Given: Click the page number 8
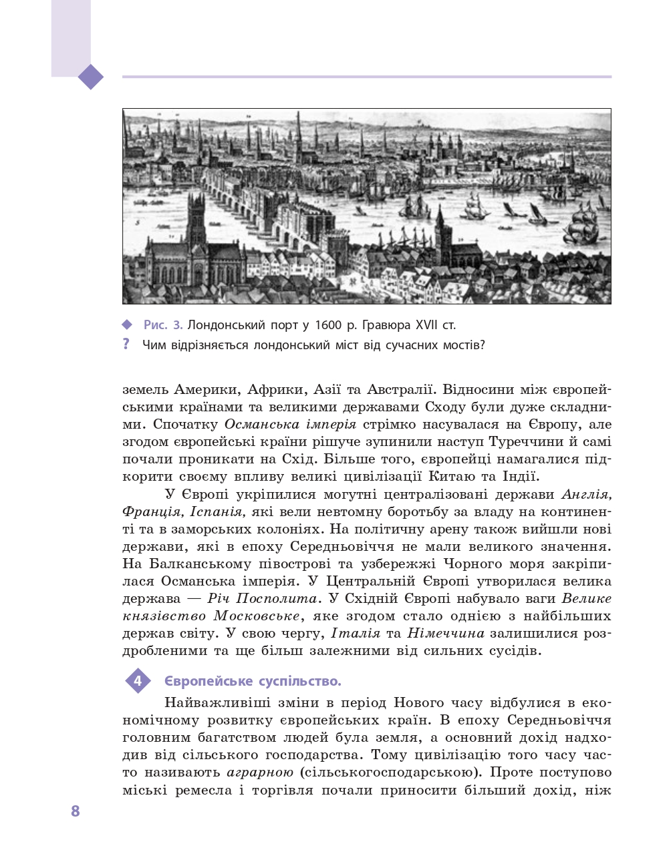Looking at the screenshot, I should (76, 811).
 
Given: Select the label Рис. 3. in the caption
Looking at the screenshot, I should (163, 325).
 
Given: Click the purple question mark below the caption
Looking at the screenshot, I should (126, 345).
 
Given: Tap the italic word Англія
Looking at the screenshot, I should (586, 495).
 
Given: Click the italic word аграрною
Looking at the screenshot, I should (260, 773).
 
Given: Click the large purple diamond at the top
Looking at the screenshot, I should (91, 77).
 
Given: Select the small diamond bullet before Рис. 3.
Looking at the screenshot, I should (128, 325).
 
